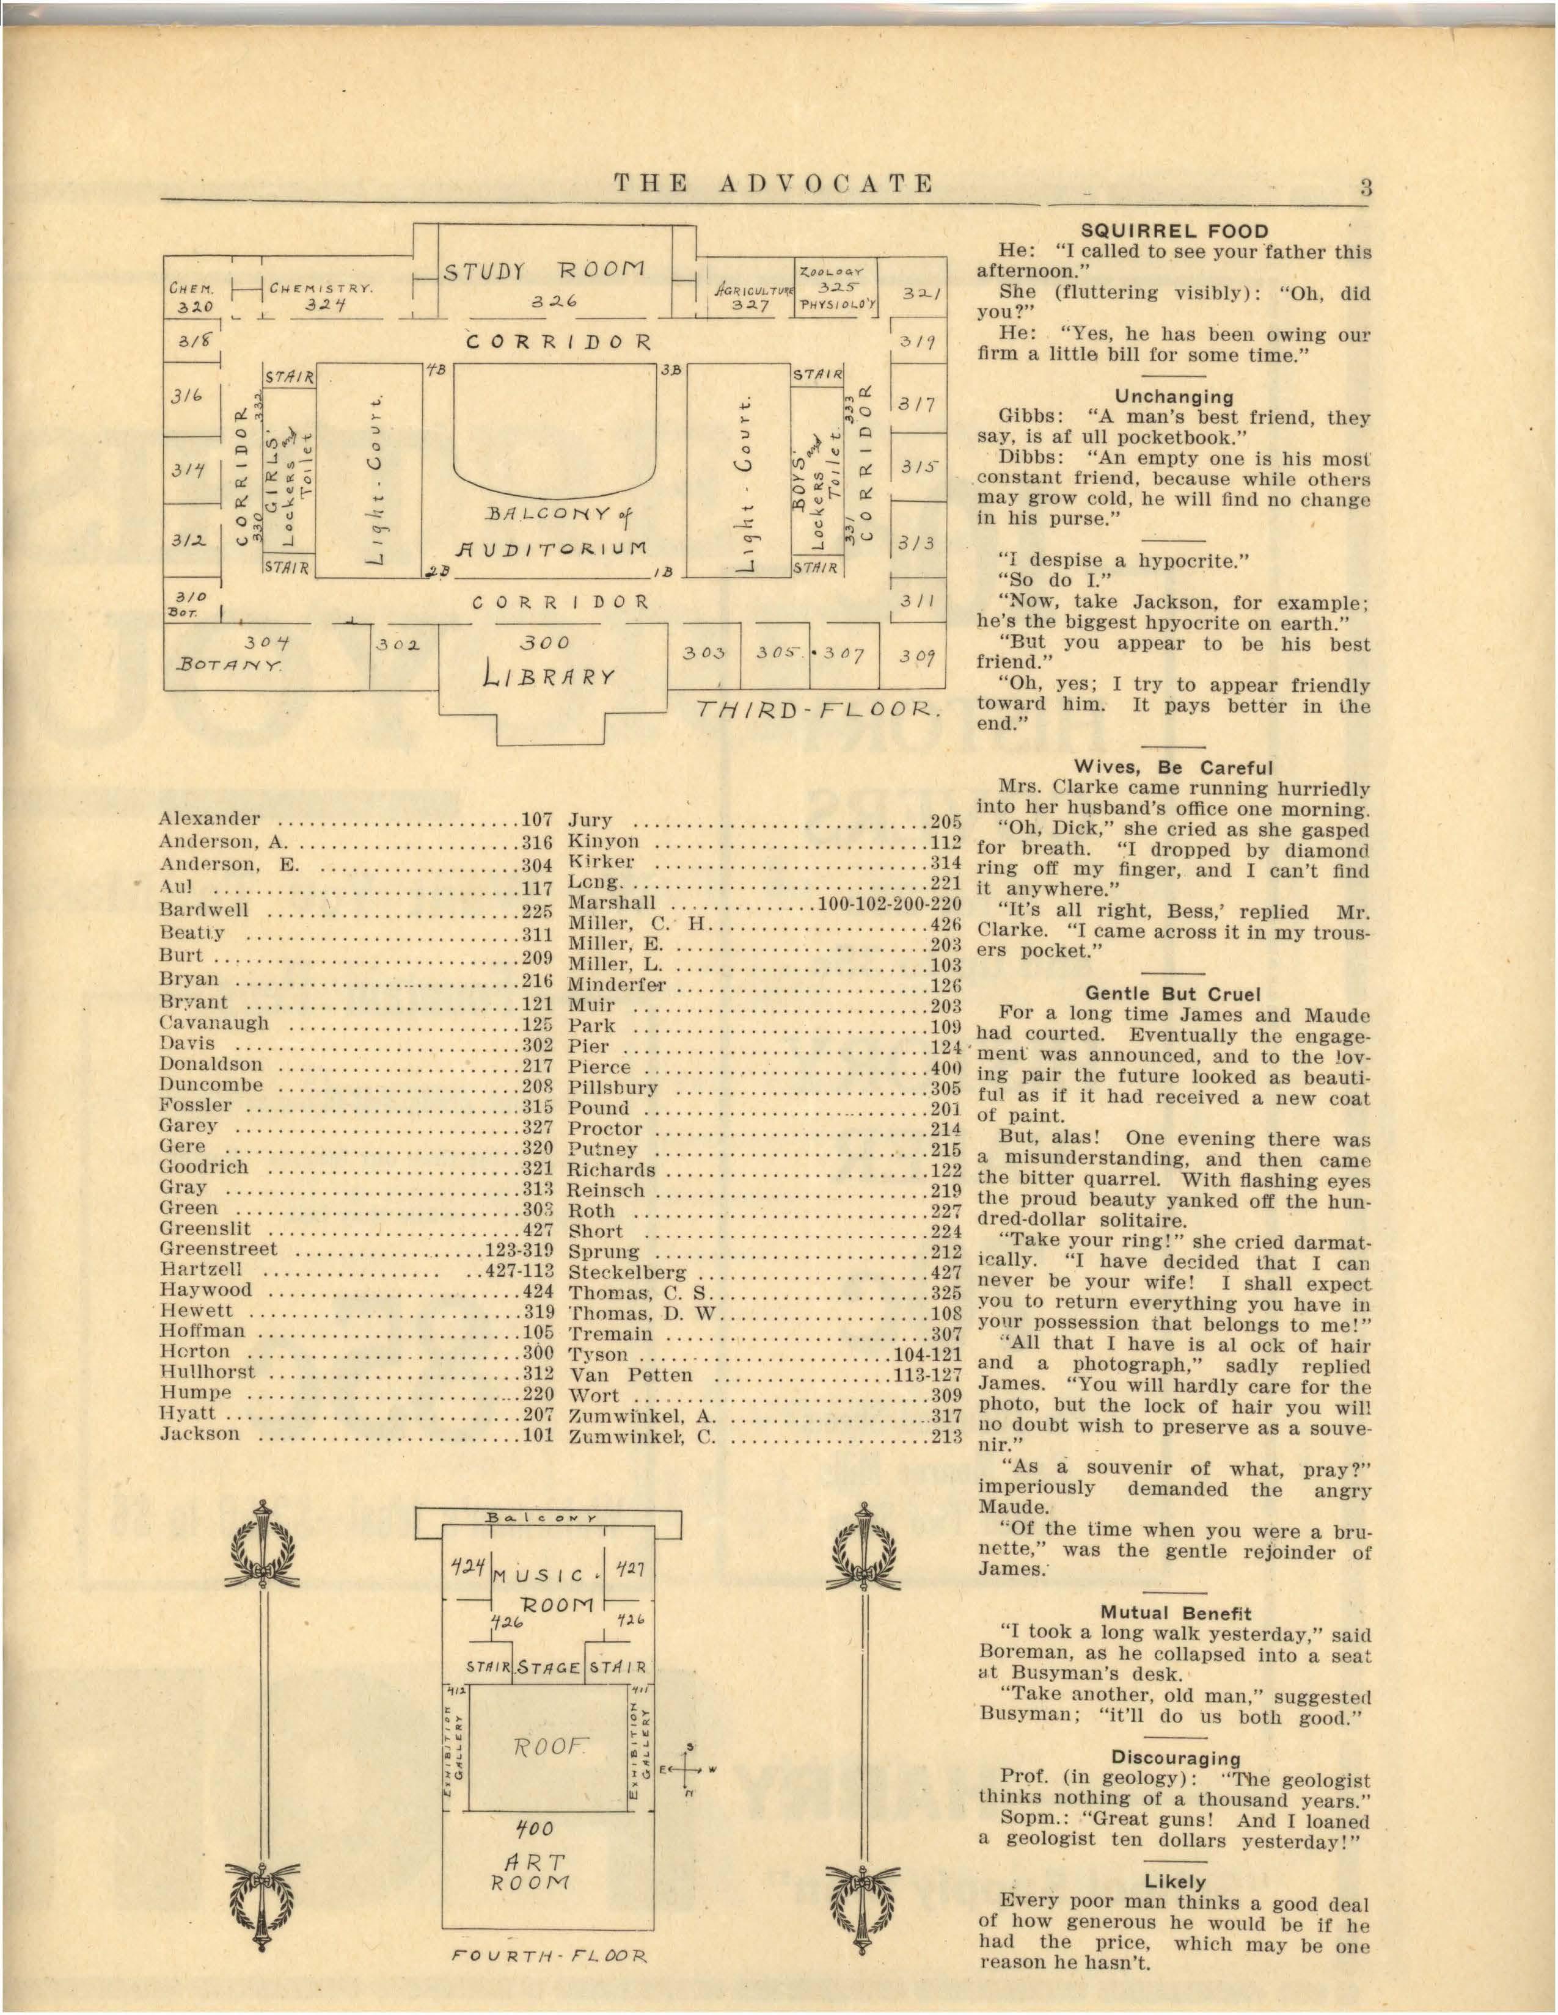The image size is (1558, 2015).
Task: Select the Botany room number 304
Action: (x=268, y=642)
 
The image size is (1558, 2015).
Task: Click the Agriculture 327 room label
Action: (x=750, y=297)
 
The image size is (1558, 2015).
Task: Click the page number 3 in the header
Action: (x=1364, y=187)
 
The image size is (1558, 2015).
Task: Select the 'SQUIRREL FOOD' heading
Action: (x=1174, y=231)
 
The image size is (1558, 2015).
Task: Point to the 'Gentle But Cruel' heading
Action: (x=1172, y=993)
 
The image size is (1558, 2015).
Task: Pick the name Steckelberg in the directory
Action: (x=627, y=1273)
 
